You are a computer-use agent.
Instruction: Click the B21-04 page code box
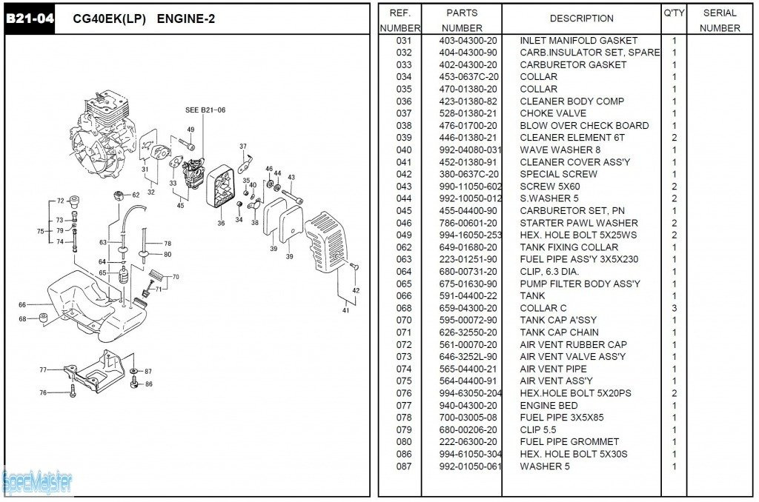tap(30, 19)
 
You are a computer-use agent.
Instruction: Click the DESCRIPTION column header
tap(581, 19)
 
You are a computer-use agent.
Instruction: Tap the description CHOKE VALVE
tap(553, 113)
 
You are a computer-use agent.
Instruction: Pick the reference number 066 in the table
tap(404, 295)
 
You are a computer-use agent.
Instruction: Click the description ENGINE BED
tap(548, 405)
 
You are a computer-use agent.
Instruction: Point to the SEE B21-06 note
tap(205, 110)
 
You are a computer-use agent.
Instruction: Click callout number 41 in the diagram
tap(345, 310)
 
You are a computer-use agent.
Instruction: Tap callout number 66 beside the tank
tap(22, 304)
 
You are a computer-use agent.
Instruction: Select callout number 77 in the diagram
tap(43, 369)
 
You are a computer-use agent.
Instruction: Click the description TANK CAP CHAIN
tap(559, 332)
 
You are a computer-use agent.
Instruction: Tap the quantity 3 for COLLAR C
tap(674, 308)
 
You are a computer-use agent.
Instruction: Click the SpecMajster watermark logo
tap(37, 483)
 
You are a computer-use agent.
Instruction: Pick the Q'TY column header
tap(674, 13)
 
